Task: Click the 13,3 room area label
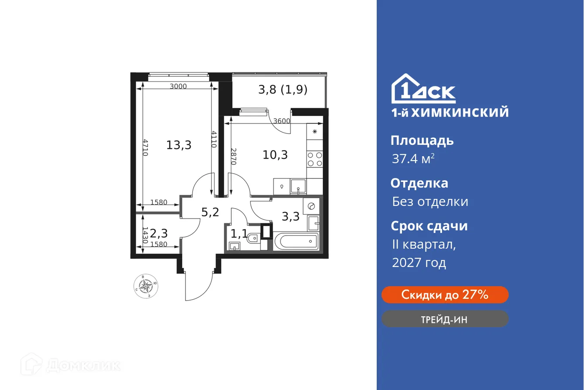click(179, 145)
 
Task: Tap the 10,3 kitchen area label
click(275, 154)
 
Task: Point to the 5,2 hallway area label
click(210, 212)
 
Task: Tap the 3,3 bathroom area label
click(290, 216)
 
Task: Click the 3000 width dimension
click(178, 86)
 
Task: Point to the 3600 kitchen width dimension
click(282, 121)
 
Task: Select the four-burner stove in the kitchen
click(314, 160)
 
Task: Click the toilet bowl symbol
click(253, 238)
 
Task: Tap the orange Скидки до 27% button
click(445, 295)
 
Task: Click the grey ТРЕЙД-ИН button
click(445, 319)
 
